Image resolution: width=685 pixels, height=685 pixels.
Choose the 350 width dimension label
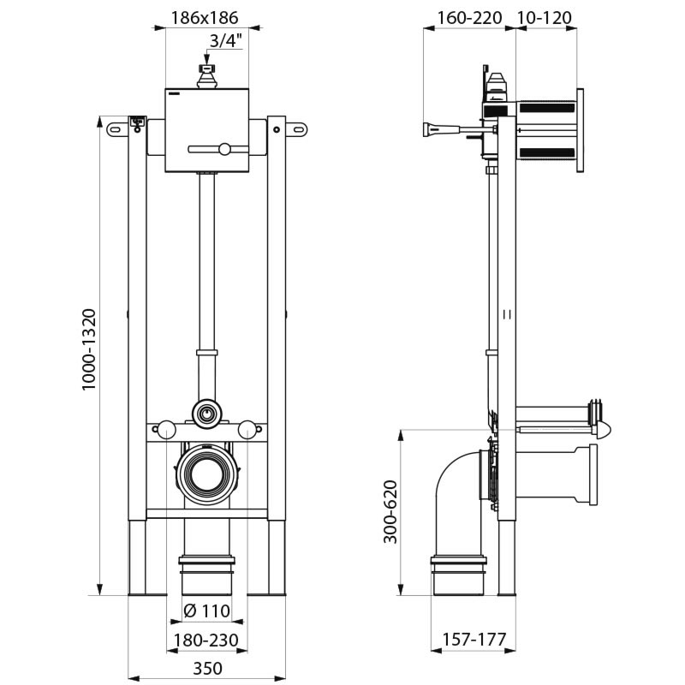coord(205,669)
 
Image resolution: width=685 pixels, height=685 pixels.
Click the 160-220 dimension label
coord(469,17)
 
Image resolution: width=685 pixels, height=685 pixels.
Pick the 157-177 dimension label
coord(474,640)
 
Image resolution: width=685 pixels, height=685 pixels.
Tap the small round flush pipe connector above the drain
coord(205,414)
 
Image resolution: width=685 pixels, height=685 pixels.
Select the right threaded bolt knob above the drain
coord(248,429)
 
